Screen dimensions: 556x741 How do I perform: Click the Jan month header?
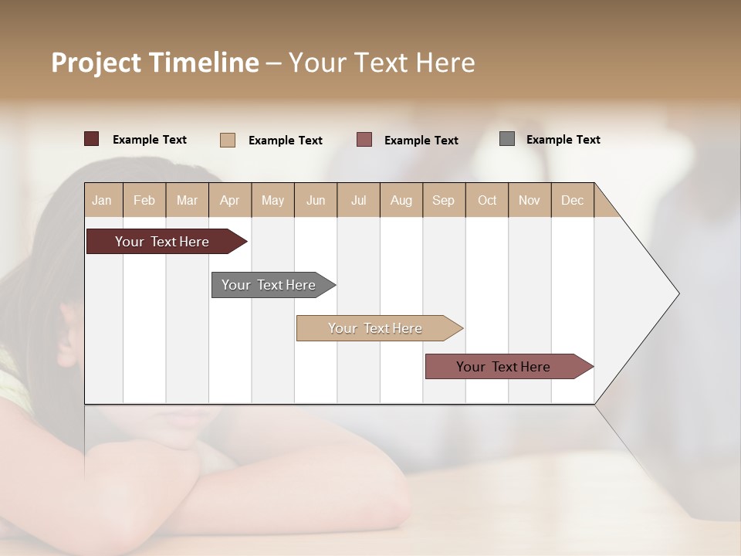[103, 200]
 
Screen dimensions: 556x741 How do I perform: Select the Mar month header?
[187, 200]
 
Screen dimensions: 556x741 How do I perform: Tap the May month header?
[272, 200]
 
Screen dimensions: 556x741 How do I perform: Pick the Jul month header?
[358, 200]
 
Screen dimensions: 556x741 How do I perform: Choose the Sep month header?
[443, 200]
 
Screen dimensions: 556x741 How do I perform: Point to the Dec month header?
[572, 200]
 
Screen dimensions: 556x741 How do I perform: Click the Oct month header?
[486, 200]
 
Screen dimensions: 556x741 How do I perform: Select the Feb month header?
[144, 200]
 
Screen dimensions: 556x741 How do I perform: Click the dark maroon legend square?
[92, 139]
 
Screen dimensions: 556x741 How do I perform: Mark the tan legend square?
[227, 140]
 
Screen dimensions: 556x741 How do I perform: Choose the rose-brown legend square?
[364, 139]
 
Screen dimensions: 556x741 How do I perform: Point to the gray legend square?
[507, 139]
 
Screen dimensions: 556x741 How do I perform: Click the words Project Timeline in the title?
[154, 63]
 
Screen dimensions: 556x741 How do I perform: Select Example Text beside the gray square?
[563, 140]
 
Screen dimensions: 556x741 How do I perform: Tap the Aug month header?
[401, 200]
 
